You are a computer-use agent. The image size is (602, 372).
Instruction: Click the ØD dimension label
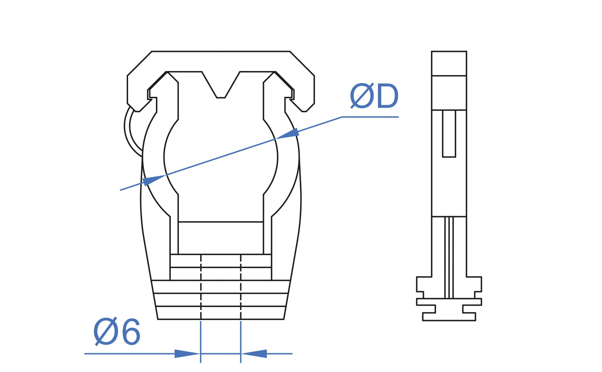click(x=374, y=96)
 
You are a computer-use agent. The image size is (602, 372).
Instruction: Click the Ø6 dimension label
click(x=116, y=331)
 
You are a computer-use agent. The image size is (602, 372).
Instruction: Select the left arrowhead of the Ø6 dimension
click(x=187, y=354)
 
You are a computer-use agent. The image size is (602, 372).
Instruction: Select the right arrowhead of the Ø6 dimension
click(x=254, y=354)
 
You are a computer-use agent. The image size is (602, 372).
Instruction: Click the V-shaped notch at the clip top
click(x=221, y=85)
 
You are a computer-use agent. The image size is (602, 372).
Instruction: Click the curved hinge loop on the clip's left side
click(x=127, y=131)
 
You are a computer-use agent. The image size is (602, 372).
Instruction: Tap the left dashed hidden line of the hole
click(x=201, y=287)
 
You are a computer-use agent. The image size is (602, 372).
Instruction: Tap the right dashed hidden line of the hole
click(x=240, y=287)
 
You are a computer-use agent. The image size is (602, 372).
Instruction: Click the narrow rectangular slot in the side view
click(x=449, y=133)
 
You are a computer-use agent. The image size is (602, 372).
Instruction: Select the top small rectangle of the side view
click(x=449, y=63)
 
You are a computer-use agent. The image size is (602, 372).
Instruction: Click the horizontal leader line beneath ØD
click(x=370, y=117)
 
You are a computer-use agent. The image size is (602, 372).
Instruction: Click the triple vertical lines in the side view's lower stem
click(x=449, y=257)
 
